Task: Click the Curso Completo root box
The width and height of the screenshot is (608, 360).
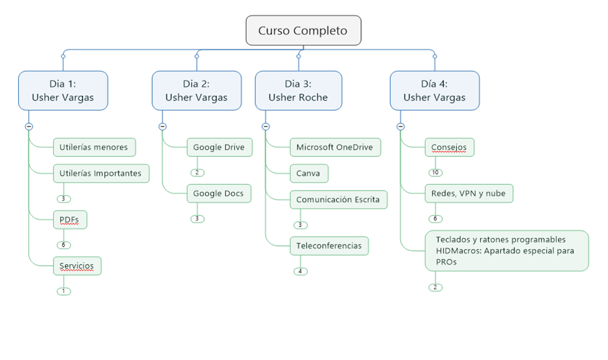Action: pos(303,30)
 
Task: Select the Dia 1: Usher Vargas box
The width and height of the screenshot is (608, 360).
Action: pos(64,91)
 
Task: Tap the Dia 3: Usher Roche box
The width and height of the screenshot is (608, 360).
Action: pos(299,91)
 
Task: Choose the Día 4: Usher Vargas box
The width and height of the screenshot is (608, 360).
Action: pos(435,91)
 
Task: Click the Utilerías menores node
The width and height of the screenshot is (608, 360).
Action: pos(94,147)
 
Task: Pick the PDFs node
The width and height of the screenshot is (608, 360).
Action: pos(70,220)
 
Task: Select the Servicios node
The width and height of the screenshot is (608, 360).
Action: pos(77,266)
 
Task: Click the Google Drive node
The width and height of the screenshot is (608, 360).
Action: pos(220,147)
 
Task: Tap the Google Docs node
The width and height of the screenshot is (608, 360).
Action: pos(219,193)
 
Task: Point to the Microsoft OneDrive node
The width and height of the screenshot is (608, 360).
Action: pos(335,147)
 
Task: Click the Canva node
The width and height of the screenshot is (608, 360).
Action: pos(309,173)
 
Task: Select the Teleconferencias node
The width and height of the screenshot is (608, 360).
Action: pos(329,246)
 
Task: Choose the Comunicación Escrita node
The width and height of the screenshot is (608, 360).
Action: pos(338,200)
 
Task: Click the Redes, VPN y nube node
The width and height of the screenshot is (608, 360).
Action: pos(469,193)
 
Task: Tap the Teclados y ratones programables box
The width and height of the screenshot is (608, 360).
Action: pos(507,251)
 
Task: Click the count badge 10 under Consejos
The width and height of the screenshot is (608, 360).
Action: pos(436,173)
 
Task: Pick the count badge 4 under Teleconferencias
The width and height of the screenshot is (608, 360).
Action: pos(301,272)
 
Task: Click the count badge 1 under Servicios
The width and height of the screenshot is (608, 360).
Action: pos(64,291)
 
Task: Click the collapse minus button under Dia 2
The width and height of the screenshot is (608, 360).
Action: pos(163,126)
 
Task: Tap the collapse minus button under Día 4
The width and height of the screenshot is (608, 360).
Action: pos(401,126)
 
